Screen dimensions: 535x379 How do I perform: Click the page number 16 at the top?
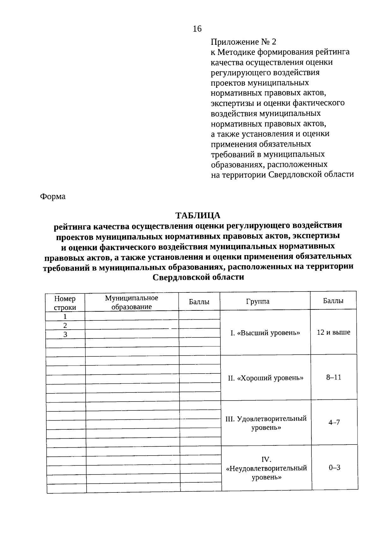197,29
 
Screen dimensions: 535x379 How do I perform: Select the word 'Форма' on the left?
52,197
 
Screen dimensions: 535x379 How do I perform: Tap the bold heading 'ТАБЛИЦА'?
198,215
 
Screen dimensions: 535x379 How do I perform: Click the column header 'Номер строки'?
65,303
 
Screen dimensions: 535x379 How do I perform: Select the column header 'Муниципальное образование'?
131,302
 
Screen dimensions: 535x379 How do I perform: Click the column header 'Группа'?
258,301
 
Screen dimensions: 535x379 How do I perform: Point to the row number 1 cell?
65,316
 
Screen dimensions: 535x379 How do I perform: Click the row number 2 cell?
65,326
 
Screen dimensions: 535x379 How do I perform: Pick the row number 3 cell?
65,334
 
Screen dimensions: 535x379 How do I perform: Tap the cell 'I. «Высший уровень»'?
265,333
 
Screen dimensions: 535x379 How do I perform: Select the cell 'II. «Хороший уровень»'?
266,378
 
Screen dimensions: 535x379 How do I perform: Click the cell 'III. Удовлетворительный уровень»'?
266,423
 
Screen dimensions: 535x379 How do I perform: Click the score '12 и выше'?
334,332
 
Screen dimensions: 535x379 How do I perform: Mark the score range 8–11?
334,377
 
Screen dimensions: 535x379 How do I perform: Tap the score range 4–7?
334,422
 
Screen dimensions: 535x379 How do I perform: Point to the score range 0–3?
334,467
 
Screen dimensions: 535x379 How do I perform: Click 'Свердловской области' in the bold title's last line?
198,277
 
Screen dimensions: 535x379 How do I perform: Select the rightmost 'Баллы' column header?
333,301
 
